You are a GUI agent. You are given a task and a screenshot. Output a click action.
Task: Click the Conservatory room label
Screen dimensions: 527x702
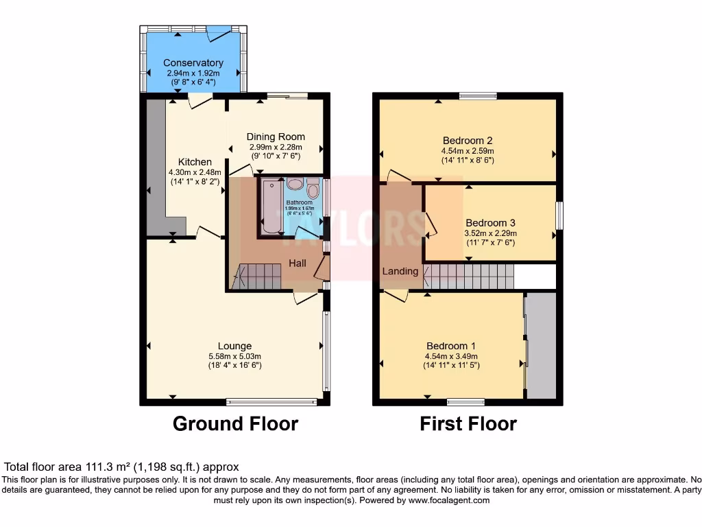[x=193, y=63]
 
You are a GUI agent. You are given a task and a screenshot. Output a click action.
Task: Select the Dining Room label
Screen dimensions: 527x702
[x=276, y=137]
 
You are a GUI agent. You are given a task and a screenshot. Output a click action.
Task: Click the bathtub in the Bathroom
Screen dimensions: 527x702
[x=270, y=207]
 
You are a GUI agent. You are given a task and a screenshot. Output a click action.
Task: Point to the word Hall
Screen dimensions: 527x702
[x=298, y=263]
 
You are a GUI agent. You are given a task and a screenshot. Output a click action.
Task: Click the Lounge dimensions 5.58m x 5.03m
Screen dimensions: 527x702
[x=234, y=356]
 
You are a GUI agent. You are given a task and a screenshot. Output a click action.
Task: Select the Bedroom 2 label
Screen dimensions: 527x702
[x=468, y=141]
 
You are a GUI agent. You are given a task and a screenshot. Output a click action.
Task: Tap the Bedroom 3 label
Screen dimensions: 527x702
[x=490, y=223]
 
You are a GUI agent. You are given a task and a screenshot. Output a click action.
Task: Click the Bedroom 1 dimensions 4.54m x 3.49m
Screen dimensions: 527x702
[x=451, y=356]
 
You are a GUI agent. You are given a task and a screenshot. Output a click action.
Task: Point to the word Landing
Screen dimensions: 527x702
[x=400, y=271]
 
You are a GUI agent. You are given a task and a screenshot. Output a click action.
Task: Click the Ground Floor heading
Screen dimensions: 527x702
[x=235, y=423]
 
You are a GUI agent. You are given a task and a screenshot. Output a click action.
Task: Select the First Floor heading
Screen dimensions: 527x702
[x=468, y=423]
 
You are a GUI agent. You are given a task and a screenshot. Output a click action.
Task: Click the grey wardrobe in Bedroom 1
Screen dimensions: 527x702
[x=542, y=346]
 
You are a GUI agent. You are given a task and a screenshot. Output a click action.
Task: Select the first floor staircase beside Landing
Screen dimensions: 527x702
[x=470, y=278]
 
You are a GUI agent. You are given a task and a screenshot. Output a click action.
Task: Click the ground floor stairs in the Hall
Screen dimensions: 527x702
[x=259, y=277]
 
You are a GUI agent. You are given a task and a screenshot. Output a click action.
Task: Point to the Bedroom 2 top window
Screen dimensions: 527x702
[x=478, y=96]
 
